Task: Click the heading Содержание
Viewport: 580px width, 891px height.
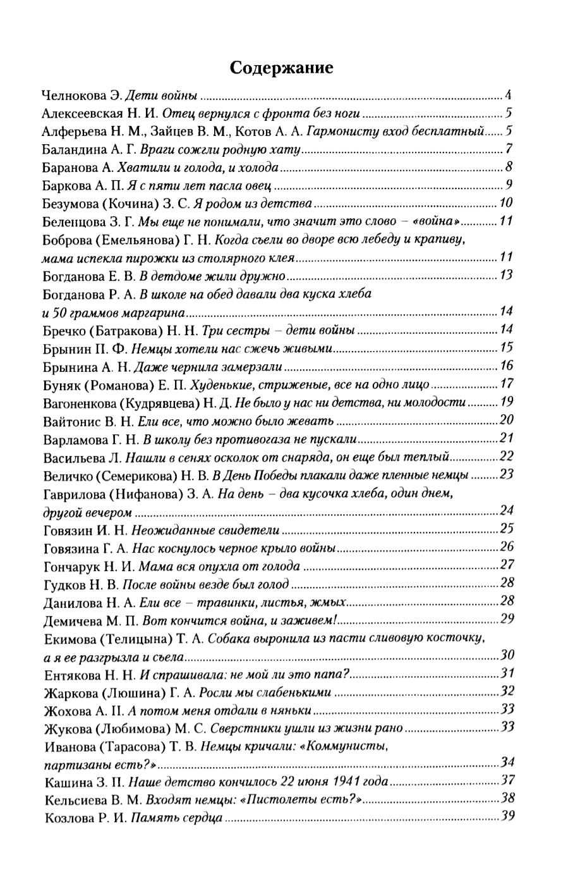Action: pos(281,68)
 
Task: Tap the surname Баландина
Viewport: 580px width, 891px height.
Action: pos(73,151)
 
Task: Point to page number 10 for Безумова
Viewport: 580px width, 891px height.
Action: pos(505,204)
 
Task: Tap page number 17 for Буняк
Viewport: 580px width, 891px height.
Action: pos(505,384)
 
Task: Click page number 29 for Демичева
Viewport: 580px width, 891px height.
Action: pos(507,619)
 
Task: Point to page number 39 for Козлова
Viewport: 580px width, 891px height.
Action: pos(507,817)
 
